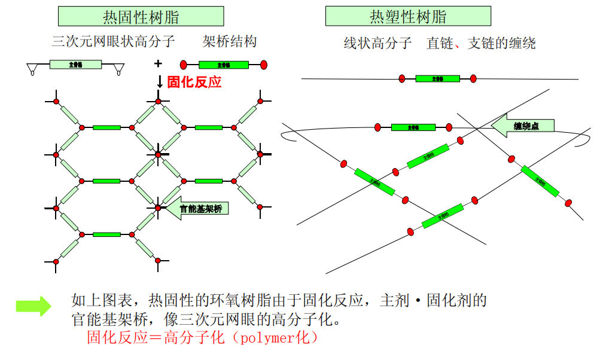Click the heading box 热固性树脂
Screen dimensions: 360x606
click(x=141, y=16)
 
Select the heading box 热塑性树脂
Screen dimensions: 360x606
click(x=408, y=16)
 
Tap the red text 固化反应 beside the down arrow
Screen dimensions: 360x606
click(x=194, y=82)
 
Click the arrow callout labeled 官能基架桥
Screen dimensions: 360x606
click(x=197, y=208)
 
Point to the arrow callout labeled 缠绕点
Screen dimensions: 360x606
click(x=523, y=126)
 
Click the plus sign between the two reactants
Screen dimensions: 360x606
click(x=158, y=63)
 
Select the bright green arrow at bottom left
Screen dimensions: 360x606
click(x=34, y=306)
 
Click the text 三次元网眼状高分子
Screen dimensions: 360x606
click(x=113, y=41)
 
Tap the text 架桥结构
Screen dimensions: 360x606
click(x=230, y=41)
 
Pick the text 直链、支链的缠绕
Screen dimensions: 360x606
click(x=481, y=43)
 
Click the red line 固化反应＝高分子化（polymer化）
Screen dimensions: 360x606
click(x=203, y=338)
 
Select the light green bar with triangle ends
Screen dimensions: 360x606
click(x=75, y=65)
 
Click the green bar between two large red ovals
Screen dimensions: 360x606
click(x=223, y=65)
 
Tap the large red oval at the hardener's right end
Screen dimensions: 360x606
click(x=263, y=65)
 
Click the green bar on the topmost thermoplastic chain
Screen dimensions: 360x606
click(x=437, y=78)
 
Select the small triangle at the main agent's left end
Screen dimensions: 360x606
click(x=32, y=71)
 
